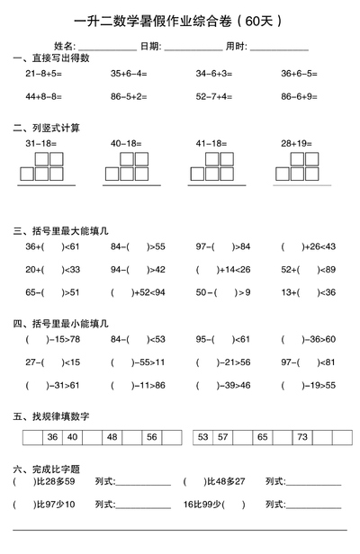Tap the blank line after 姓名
click(106, 48)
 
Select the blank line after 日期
click(193, 48)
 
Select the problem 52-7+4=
click(214, 94)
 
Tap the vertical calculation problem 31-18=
click(41, 143)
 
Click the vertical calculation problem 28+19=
click(296, 143)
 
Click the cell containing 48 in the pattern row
click(112, 436)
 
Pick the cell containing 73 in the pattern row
click(302, 436)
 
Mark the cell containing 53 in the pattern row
click(203, 436)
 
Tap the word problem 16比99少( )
click(214, 504)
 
